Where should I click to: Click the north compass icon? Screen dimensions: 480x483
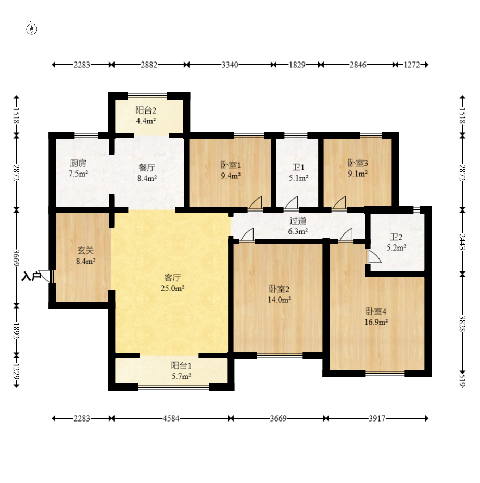click(32, 29)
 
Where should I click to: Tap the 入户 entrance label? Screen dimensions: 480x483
click(31, 276)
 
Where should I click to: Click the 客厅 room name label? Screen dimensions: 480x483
click(172, 278)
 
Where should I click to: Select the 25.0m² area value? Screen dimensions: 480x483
click(172, 288)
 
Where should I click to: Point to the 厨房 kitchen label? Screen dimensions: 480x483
click(78, 163)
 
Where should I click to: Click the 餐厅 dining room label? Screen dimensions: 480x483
click(147, 168)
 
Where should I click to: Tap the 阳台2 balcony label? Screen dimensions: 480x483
click(146, 110)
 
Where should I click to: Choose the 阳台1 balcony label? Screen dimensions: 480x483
click(181, 366)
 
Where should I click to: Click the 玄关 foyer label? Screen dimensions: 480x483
click(85, 251)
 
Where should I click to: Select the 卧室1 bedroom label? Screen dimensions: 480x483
click(231, 165)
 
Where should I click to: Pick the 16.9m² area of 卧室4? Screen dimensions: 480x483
click(376, 322)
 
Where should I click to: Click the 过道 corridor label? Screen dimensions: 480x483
click(298, 220)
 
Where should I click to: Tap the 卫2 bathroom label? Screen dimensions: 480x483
click(396, 237)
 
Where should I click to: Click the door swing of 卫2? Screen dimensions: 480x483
click(374, 256)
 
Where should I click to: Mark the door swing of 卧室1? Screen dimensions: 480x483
click(256, 203)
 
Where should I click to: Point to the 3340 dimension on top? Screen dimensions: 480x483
click(230, 65)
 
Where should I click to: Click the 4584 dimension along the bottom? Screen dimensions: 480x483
click(171, 418)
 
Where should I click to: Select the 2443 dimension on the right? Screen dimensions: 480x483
click(462, 242)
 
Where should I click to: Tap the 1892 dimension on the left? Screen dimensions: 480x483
click(16, 331)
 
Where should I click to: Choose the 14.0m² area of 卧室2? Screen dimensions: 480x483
click(280, 300)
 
